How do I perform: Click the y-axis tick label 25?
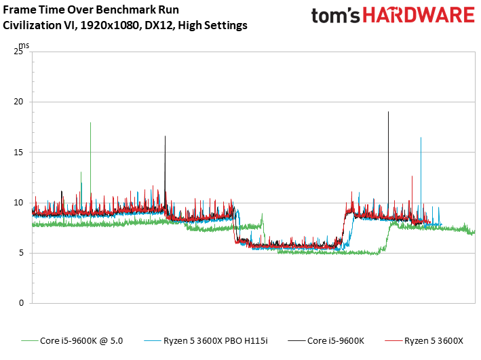(18, 52)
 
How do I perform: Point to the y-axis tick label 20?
(18, 102)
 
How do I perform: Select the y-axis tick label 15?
(18, 153)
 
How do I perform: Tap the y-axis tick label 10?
(18, 203)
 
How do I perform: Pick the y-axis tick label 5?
(21, 253)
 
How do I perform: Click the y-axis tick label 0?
(21, 303)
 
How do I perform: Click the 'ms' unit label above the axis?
(24, 45)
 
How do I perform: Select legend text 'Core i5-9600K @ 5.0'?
(81, 341)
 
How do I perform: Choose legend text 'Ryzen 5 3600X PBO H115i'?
(215, 341)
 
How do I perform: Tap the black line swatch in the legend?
(296, 341)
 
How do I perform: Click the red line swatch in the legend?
(393, 341)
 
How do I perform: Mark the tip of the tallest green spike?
(90, 123)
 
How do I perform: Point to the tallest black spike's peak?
(388, 112)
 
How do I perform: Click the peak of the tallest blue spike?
(421, 138)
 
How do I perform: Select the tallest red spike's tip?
(412, 176)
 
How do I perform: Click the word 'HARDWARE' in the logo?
(419, 15)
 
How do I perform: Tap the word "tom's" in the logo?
(336, 16)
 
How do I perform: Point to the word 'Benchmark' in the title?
(126, 9)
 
